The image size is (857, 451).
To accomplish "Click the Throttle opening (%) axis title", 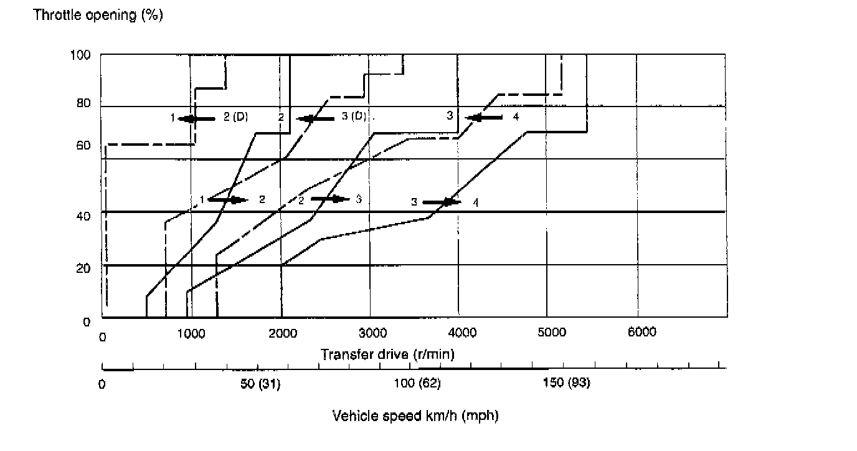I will pyautogui.click(x=98, y=16).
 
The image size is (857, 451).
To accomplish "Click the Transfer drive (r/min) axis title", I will pyautogui.click(x=387, y=354).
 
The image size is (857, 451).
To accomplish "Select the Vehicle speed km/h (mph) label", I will pyautogui.click(x=415, y=415).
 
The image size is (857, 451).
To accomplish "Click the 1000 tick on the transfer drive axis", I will pyautogui.click(x=191, y=333).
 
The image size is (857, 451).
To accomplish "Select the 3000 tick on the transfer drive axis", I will pyautogui.click(x=371, y=333).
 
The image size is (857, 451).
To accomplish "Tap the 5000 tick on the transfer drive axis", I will pyautogui.click(x=551, y=333).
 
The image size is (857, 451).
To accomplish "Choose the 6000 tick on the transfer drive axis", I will pyautogui.click(x=642, y=333).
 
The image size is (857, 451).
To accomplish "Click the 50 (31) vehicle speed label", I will pyautogui.click(x=260, y=383).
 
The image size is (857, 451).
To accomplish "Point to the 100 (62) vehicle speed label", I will pyautogui.click(x=417, y=383).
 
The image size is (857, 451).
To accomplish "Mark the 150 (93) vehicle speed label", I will pyautogui.click(x=567, y=383).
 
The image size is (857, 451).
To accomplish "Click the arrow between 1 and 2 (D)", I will pyautogui.click(x=196, y=118).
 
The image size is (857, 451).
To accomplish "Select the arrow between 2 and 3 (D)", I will pyautogui.click(x=315, y=118).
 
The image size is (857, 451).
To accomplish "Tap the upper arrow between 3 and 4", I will pyautogui.click(x=483, y=117).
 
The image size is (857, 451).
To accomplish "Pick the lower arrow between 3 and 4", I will pyautogui.click(x=442, y=202).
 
